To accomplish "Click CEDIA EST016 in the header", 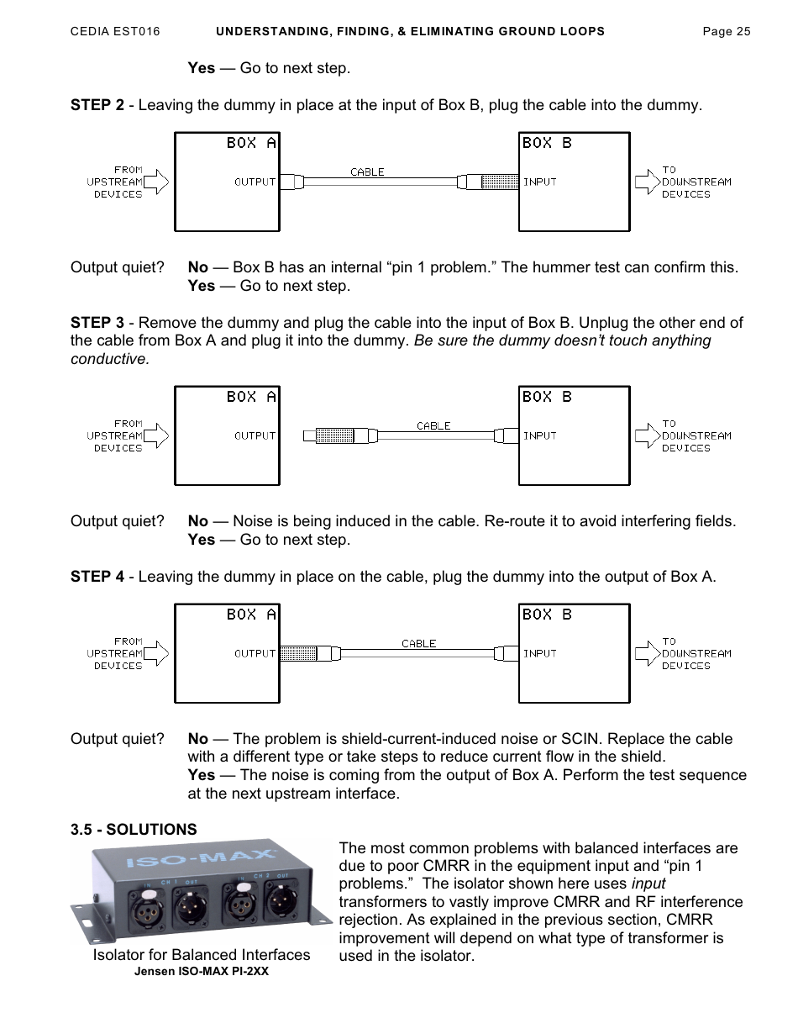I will coord(115,32).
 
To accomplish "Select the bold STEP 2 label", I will coord(97,105).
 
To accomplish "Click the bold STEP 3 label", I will coord(97,323).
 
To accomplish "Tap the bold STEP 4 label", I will coord(97,577).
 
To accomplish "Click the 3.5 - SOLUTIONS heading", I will coord(134,829).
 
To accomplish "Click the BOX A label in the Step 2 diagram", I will coord(250,143).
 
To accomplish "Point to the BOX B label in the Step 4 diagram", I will coord(547,615).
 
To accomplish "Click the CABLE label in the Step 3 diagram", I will coord(433,425).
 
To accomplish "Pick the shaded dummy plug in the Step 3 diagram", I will coord(333,435).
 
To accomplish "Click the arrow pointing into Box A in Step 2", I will coord(157,182).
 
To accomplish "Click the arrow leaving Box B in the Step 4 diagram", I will coord(648,653).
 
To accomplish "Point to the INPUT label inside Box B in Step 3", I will coord(540,435).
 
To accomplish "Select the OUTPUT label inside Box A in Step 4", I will coord(255,653).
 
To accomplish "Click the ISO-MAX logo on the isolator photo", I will coord(202,860).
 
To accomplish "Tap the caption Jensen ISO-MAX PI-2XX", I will coord(202,971).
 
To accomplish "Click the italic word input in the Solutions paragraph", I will coord(648,884).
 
